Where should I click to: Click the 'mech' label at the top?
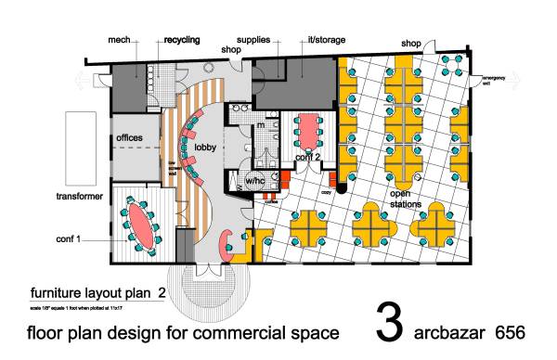click(118, 40)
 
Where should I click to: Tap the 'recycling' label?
click(183, 41)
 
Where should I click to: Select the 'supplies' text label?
click(253, 40)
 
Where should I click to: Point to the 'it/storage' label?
click(324, 41)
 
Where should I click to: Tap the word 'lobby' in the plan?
click(206, 148)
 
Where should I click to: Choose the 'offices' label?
click(129, 138)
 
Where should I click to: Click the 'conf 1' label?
click(66, 239)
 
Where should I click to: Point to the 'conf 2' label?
click(307, 157)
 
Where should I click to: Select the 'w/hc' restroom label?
click(256, 179)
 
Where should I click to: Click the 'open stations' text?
click(406, 199)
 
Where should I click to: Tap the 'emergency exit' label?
click(479, 81)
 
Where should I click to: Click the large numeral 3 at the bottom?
click(389, 320)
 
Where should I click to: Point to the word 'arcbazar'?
click(449, 331)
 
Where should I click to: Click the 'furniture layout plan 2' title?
click(97, 289)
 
